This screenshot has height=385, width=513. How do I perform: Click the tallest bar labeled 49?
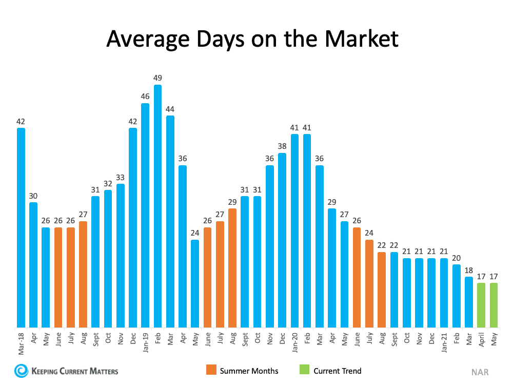[157, 205]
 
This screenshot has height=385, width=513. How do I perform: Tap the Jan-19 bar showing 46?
[145, 215]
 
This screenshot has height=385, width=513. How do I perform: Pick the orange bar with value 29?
[232, 267]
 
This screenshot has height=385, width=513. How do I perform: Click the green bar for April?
[481, 305]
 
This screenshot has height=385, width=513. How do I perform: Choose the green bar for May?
[494, 305]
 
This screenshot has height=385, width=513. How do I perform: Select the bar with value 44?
[170, 221]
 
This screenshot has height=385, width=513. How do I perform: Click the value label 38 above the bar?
[282, 146]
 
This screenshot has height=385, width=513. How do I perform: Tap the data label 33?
[121, 177]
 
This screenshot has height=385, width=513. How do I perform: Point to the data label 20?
[456, 258]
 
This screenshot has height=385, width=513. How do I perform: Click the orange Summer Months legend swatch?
[210, 370]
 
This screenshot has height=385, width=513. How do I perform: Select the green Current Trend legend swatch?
[304, 370]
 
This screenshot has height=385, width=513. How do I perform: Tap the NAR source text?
[480, 372]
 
